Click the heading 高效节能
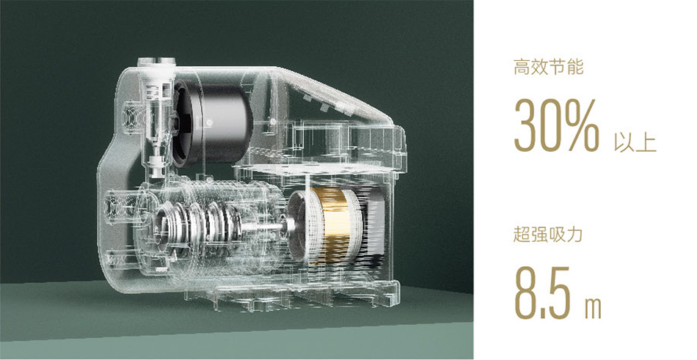548,68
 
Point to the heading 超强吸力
547,234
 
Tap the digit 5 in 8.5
560,292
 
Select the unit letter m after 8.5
593,307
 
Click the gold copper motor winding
331,226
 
